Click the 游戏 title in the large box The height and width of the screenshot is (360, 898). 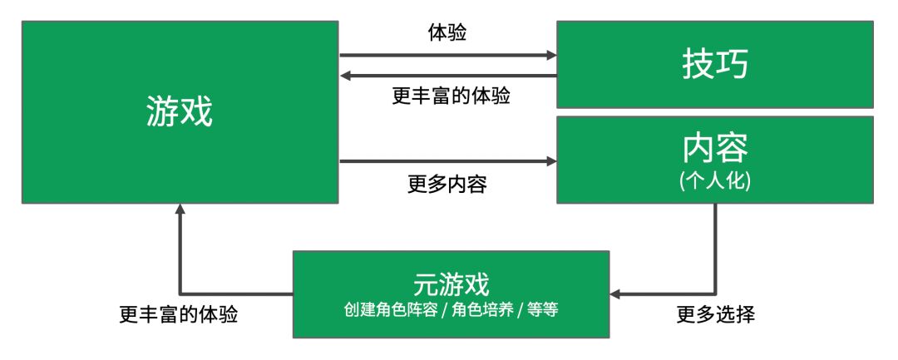[180, 111]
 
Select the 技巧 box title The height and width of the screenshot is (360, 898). [714, 64]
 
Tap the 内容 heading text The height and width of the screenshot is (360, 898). [714, 148]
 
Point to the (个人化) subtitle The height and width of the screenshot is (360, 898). [714, 182]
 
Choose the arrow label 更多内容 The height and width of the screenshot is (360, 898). [447, 185]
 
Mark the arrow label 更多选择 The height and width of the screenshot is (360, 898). [715, 315]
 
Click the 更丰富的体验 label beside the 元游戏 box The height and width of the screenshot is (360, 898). [178, 315]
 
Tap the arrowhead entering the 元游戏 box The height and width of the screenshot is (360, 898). [616, 294]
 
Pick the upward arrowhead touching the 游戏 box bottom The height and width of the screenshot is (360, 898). [180, 210]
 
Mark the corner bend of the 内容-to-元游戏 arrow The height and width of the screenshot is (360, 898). [715, 294]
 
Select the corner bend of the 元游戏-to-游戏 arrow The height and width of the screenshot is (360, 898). [180, 294]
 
